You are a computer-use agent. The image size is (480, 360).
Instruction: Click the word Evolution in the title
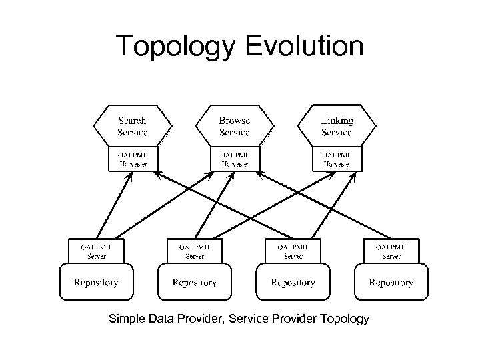(x=312, y=47)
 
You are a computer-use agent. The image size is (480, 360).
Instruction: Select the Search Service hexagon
(x=132, y=126)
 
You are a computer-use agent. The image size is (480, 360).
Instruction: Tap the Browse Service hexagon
(x=234, y=126)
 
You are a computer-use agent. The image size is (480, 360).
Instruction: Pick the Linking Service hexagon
(x=337, y=126)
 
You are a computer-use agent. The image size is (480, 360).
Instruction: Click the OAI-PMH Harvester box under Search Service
(x=133, y=158)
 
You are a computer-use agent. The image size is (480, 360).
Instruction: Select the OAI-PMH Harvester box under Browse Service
(x=235, y=158)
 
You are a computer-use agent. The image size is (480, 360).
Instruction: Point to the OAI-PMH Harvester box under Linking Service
(x=337, y=158)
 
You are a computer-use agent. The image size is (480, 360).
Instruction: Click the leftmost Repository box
(x=96, y=283)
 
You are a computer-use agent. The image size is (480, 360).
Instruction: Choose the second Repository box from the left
(x=194, y=283)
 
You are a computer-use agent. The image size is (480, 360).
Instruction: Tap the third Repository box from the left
(x=293, y=283)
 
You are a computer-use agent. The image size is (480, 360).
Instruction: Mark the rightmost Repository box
(x=391, y=283)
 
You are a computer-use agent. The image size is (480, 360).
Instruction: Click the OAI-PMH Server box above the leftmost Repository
(x=97, y=250)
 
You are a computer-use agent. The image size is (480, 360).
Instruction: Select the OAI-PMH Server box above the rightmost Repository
(x=391, y=250)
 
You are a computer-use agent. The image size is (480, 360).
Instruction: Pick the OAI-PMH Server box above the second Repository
(x=195, y=250)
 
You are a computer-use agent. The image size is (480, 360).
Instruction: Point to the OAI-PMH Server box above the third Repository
(x=293, y=250)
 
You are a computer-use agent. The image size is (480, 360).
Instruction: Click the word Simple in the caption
(x=127, y=319)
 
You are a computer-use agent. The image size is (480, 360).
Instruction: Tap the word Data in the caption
(x=160, y=319)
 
